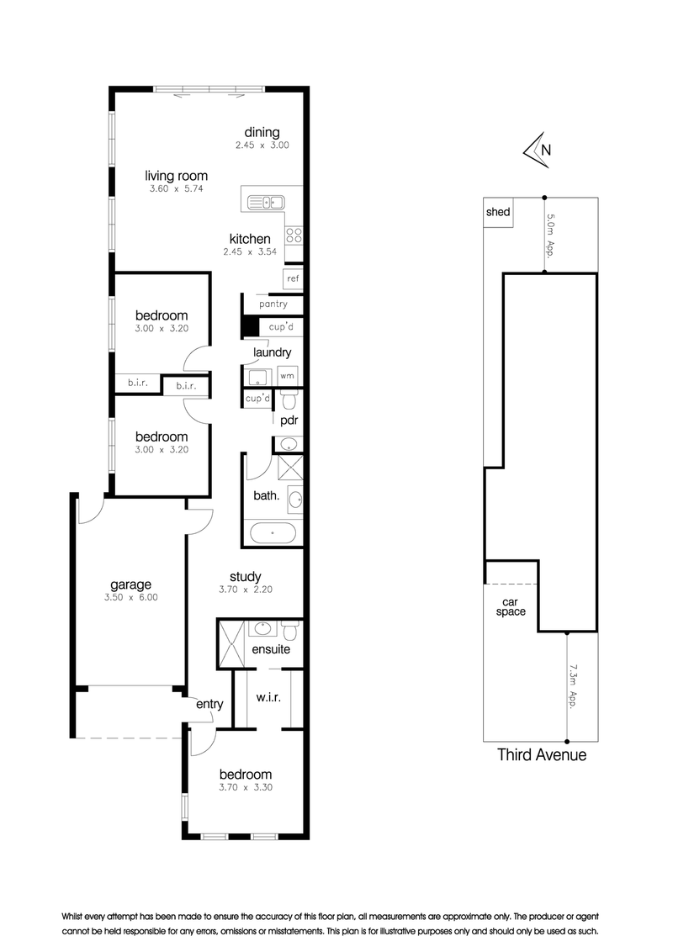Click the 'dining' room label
(262, 132)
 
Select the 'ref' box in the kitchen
(293, 279)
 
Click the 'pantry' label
(273, 304)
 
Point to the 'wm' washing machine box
(287, 375)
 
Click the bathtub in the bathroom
(272, 532)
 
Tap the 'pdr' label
(289, 420)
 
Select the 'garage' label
(130, 584)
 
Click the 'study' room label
(245, 576)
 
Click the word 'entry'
(209, 704)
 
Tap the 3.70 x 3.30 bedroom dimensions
(246, 788)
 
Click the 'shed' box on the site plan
(498, 213)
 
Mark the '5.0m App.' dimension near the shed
(551, 235)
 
